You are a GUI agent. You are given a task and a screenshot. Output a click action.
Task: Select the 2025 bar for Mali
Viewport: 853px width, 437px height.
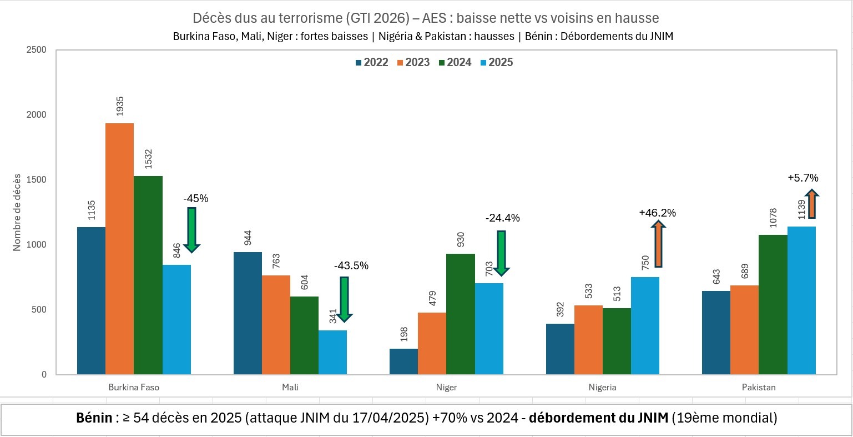coord(332,352)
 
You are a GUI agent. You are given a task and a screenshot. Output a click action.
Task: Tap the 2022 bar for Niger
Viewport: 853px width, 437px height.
coord(403,361)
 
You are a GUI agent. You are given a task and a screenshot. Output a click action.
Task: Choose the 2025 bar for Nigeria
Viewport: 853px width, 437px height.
coord(645,325)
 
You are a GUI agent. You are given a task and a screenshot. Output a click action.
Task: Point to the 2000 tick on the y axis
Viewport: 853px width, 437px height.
coord(37,115)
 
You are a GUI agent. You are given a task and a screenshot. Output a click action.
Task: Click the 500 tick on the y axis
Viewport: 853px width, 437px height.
coord(39,310)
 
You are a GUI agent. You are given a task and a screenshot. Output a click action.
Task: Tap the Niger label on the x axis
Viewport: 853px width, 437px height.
coord(446,388)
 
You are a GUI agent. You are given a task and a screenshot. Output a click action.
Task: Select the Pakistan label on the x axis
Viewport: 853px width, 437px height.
coord(759,388)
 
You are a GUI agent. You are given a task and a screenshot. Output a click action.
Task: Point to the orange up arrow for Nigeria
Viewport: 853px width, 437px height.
coord(658,244)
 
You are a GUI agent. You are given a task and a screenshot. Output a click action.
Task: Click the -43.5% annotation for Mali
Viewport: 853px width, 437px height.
coord(351,266)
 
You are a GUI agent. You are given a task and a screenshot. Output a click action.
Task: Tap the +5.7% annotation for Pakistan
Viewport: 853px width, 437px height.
coord(802,178)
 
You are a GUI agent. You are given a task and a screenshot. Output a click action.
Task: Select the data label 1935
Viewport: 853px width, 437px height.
coord(120,107)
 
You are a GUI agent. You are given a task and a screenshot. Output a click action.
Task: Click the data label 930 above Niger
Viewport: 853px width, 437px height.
coord(461,240)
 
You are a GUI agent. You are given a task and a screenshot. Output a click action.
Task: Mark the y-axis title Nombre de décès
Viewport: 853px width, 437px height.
coord(17,212)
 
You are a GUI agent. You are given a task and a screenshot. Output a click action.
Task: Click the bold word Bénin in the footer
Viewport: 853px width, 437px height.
coord(94,418)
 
